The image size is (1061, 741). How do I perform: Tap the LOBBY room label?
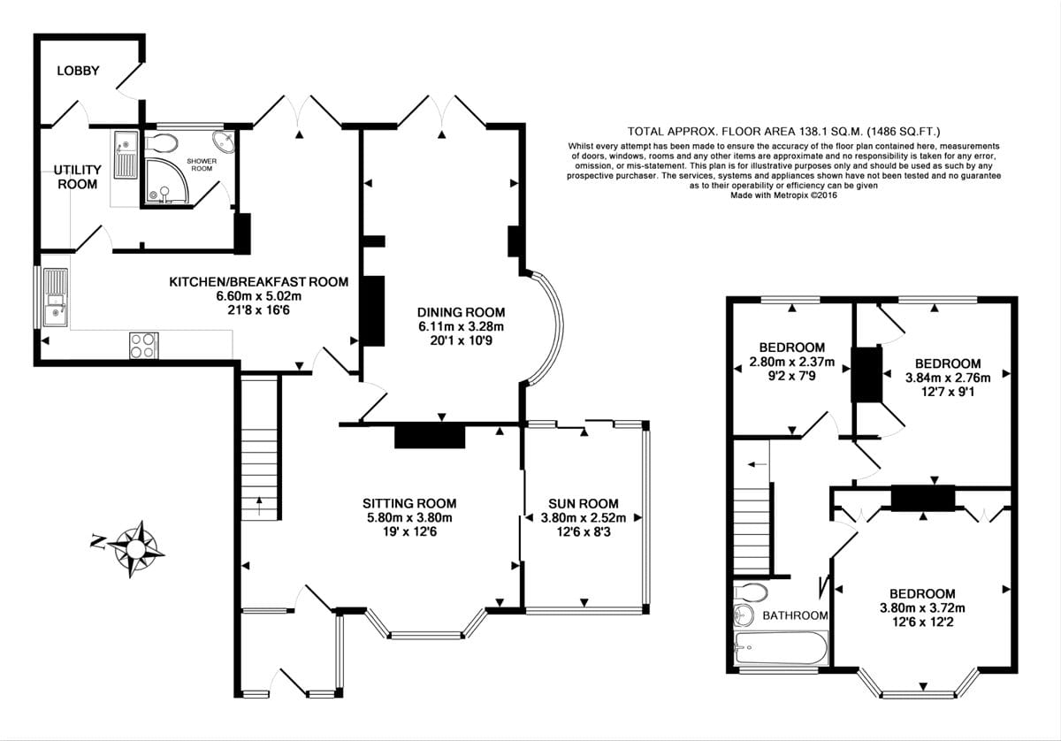[x=79, y=71]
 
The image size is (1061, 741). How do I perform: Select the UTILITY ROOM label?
[x=78, y=177]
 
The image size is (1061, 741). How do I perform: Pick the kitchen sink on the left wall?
[x=55, y=297]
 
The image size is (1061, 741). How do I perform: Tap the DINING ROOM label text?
[x=462, y=312]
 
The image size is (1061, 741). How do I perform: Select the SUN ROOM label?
[x=583, y=503]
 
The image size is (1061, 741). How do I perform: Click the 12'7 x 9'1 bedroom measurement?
[x=947, y=390]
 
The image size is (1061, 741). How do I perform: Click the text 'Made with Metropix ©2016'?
[x=783, y=195]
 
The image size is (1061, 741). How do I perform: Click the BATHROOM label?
[x=795, y=615]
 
